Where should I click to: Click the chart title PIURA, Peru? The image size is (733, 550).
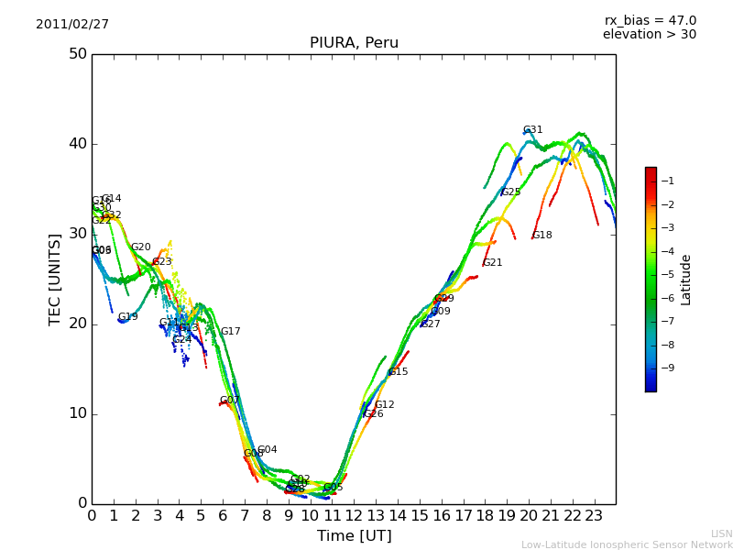click(354, 43)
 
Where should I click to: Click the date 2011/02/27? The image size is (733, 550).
click(72, 24)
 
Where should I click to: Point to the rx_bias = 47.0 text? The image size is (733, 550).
click(651, 20)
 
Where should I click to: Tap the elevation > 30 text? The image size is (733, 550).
click(650, 35)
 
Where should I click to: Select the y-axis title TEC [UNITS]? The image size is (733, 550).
click(55, 279)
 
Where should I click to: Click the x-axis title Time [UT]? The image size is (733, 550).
click(354, 535)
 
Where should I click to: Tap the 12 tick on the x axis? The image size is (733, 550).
click(354, 516)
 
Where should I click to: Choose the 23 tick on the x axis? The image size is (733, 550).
click(594, 516)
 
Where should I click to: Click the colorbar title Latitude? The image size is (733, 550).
click(686, 280)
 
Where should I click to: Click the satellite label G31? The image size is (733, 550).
click(532, 130)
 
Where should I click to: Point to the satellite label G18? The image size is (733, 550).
click(542, 236)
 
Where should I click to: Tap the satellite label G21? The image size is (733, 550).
click(492, 263)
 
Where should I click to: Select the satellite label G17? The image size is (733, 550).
click(230, 332)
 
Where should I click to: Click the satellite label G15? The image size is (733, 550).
click(398, 372)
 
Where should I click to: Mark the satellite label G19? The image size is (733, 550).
click(127, 317)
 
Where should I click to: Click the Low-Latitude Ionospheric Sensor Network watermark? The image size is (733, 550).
click(627, 544)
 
